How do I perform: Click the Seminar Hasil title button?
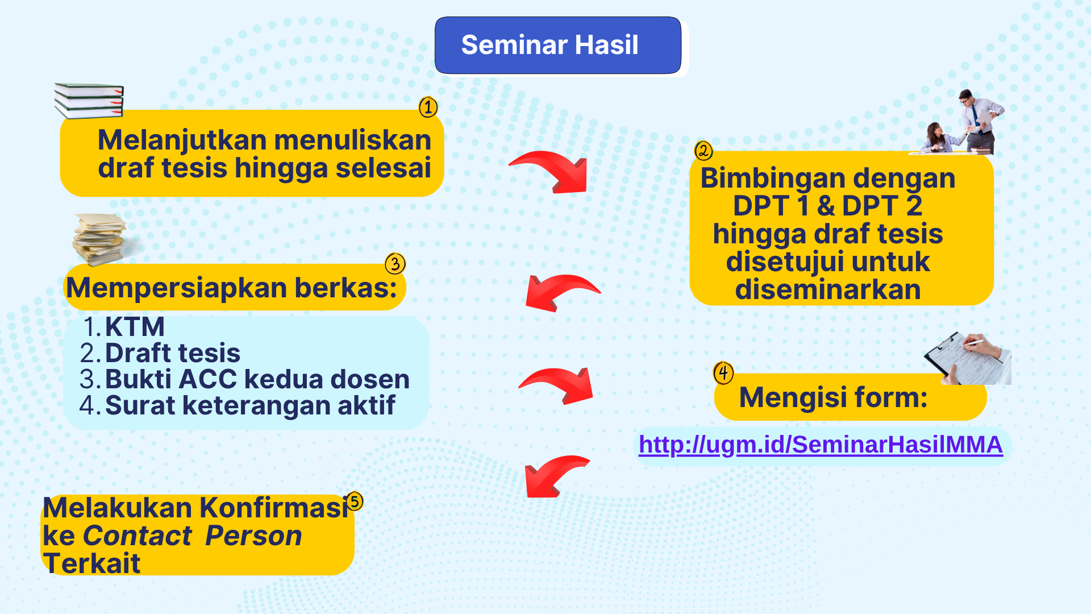click(558, 45)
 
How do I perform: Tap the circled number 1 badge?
click(428, 107)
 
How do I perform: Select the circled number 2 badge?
click(703, 151)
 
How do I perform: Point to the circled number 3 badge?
click(395, 263)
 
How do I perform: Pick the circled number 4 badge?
click(723, 373)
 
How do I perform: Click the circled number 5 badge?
click(355, 501)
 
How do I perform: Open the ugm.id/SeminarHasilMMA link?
click(821, 445)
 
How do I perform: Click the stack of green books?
click(89, 101)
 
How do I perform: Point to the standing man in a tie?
click(978, 121)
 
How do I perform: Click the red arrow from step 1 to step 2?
click(554, 168)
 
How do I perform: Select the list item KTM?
click(135, 327)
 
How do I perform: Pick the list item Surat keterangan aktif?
click(250, 406)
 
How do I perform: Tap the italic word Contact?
click(138, 536)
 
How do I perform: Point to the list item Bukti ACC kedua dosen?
click(257, 379)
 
